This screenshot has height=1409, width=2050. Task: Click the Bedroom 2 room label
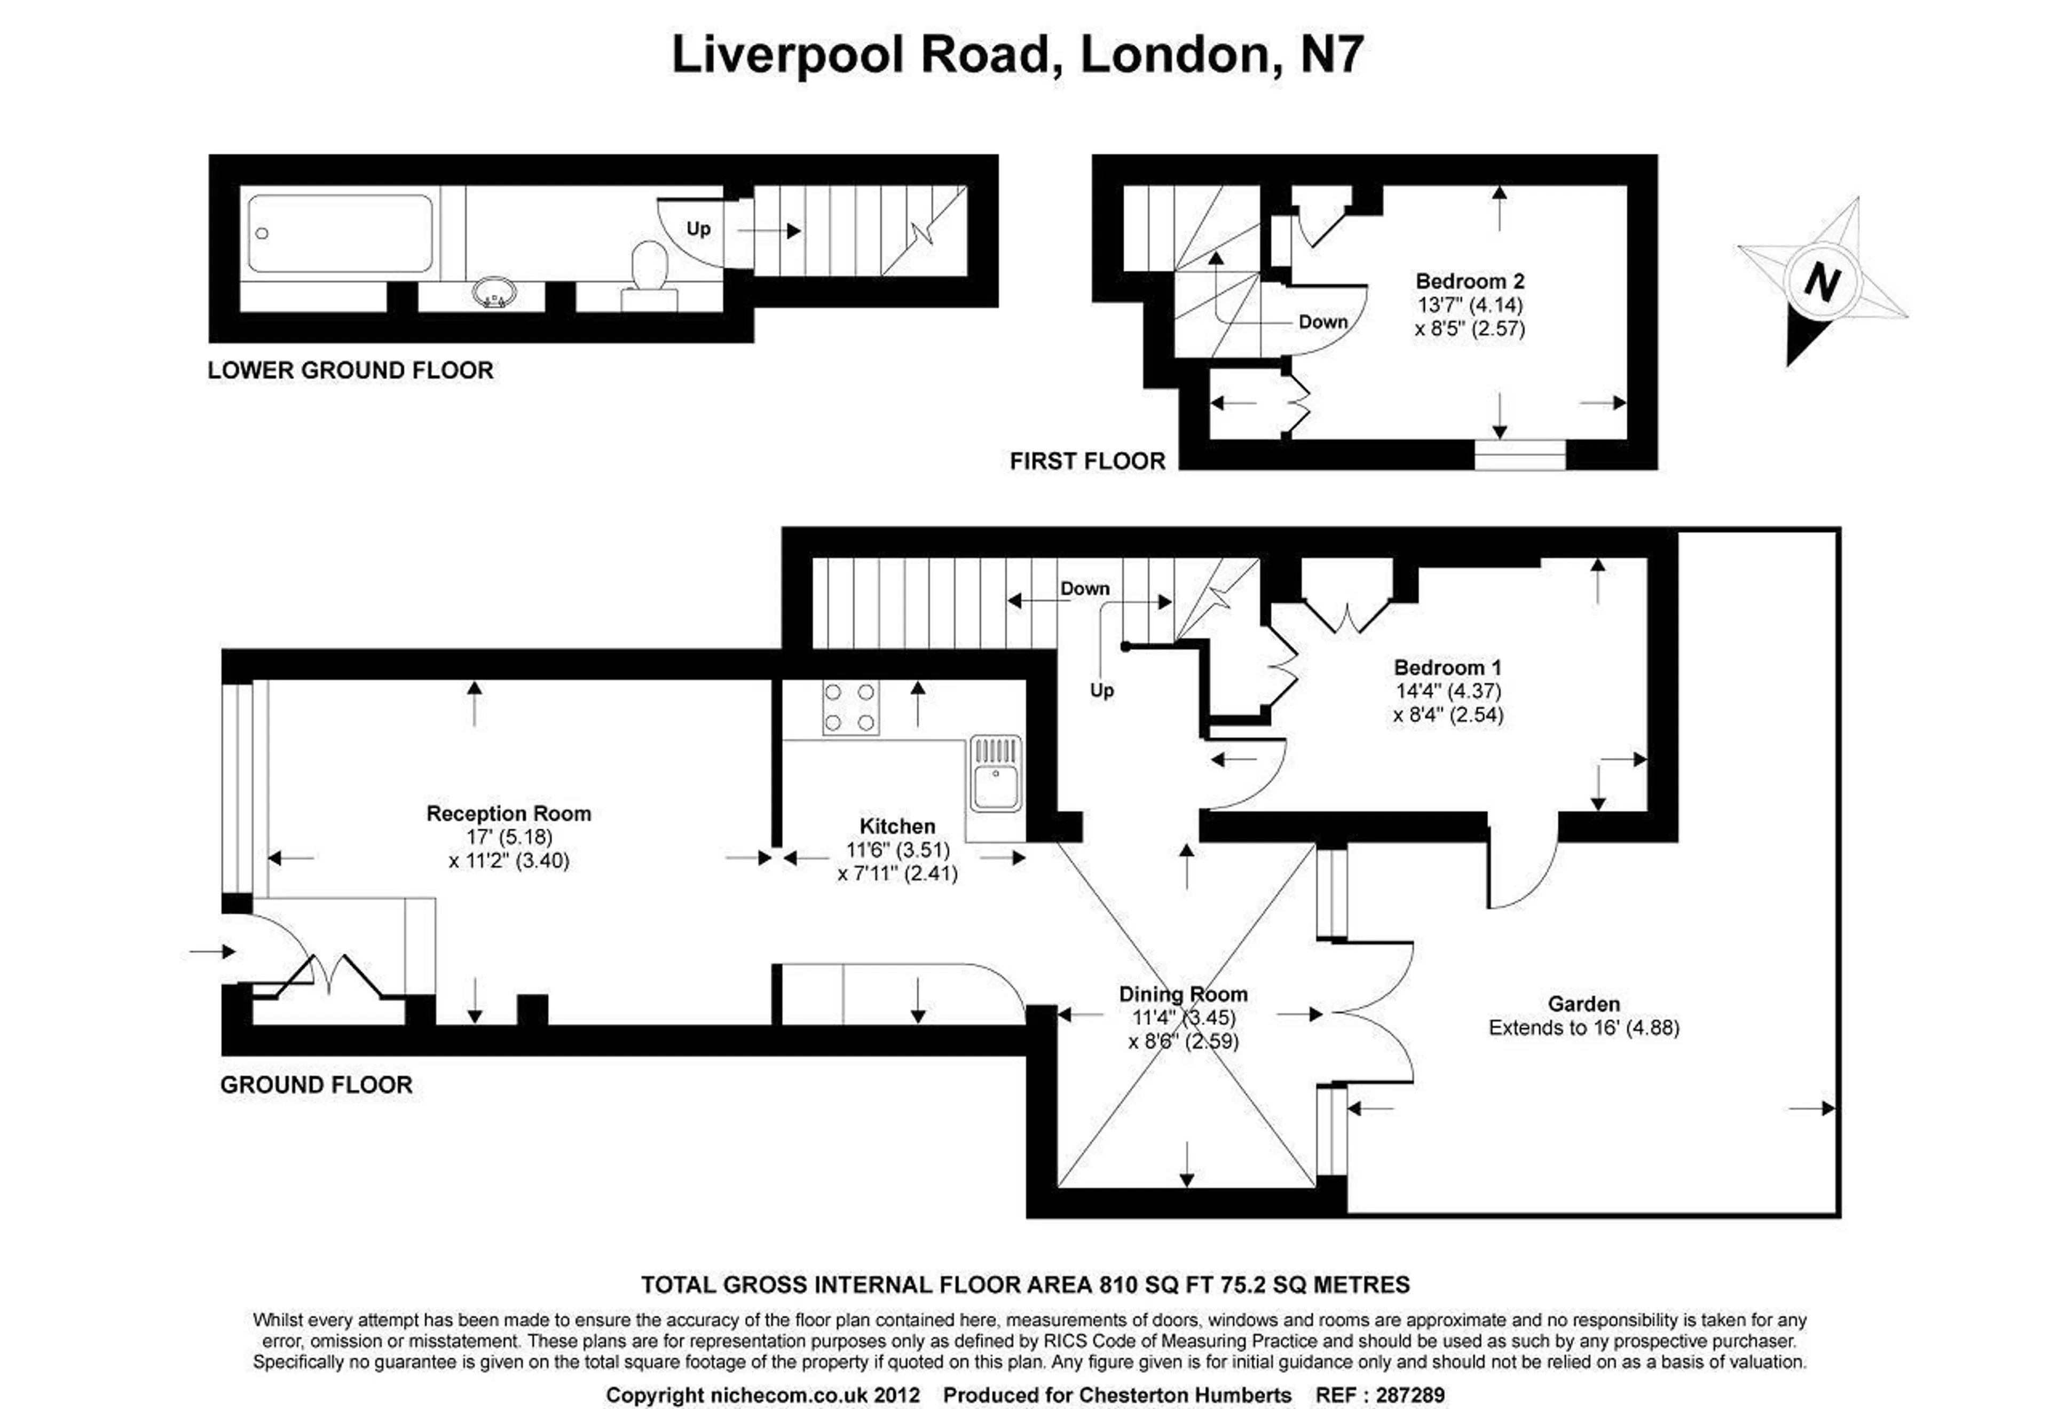[1470, 281]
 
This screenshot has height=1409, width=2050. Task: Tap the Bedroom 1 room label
[1447, 667]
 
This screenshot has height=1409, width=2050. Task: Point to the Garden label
[1584, 1004]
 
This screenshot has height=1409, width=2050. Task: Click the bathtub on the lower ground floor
[341, 234]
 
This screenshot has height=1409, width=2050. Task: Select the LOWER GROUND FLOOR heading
[350, 370]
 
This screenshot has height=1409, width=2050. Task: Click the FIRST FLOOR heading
[1087, 461]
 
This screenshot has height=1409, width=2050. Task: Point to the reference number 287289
[1410, 1395]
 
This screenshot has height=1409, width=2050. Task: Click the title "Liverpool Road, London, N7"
[1018, 55]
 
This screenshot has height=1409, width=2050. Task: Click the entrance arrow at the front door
[212, 951]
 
